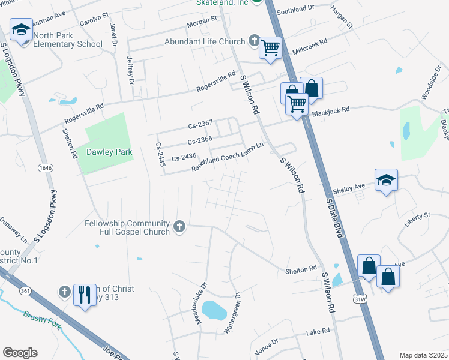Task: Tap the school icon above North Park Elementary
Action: pyautogui.click(x=20, y=30)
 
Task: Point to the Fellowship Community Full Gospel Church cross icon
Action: pyautogui.click(x=178, y=227)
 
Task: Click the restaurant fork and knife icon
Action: pyautogui.click(x=85, y=295)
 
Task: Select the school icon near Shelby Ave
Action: pyautogui.click(x=386, y=180)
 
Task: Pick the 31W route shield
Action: pyautogui.click(x=360, y=298)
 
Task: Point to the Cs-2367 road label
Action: pyautogui.click(x=200, y=124)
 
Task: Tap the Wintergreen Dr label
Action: pyautogui.click(x=232, y=313)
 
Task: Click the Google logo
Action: pyautogui.click(x=20, y=353)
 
